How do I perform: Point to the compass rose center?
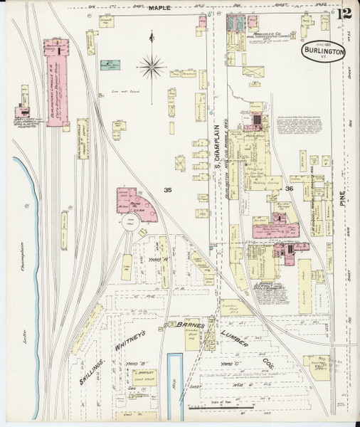(152, 68)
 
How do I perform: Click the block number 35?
(168, 189)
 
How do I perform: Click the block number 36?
(289, 189)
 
